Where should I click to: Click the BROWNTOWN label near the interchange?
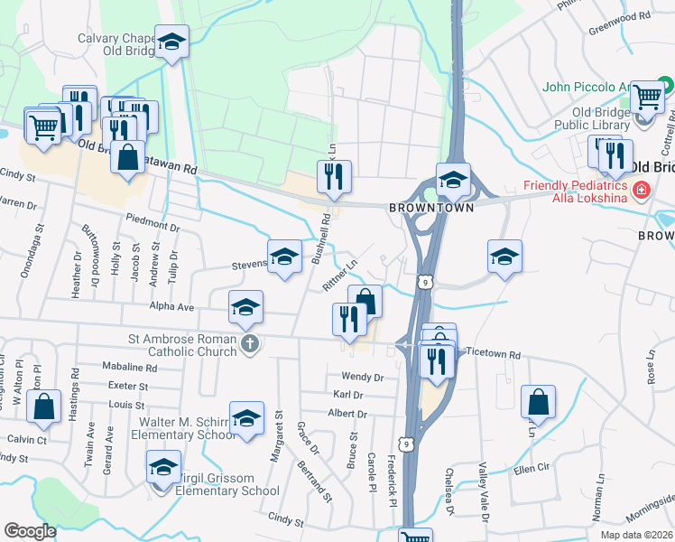[x=418, y=207]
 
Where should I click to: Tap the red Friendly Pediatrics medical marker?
[x=641, y=191]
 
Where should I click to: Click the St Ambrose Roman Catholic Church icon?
[x=250, y=343]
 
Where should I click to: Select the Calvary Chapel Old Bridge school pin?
[x=171, y=42]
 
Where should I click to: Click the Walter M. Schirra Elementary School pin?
[x=246, y=419]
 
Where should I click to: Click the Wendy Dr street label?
[x=362, y=377]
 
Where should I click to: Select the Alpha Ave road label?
[x=172, y=307]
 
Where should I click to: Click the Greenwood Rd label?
[x=619, y=16]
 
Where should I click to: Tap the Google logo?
[x=30, y=530]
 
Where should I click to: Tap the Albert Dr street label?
[x=347, y=414]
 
